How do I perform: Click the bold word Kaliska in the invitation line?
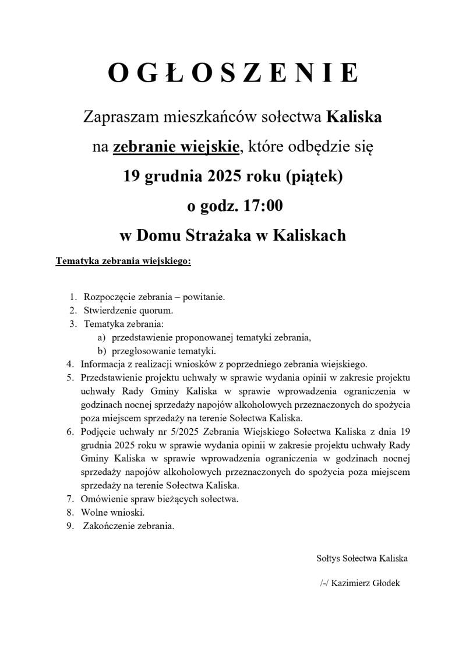click(354, 117)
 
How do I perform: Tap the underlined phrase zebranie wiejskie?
click(176, 147)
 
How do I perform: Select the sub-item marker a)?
click(101, 337)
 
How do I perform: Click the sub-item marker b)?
click(101, 351)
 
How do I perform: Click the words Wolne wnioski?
click(113, 513)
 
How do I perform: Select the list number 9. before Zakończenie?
click(70, 526)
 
